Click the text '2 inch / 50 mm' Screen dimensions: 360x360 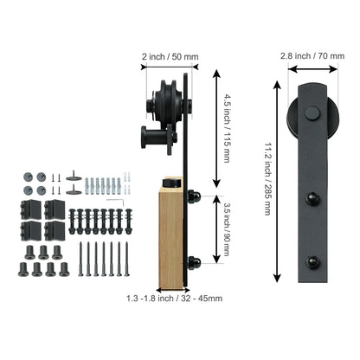[170, 57]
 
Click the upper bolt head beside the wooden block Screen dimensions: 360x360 [196, 197]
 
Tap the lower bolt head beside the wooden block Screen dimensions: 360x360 [196, 261]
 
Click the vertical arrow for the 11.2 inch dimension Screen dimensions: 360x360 [277, 182]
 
